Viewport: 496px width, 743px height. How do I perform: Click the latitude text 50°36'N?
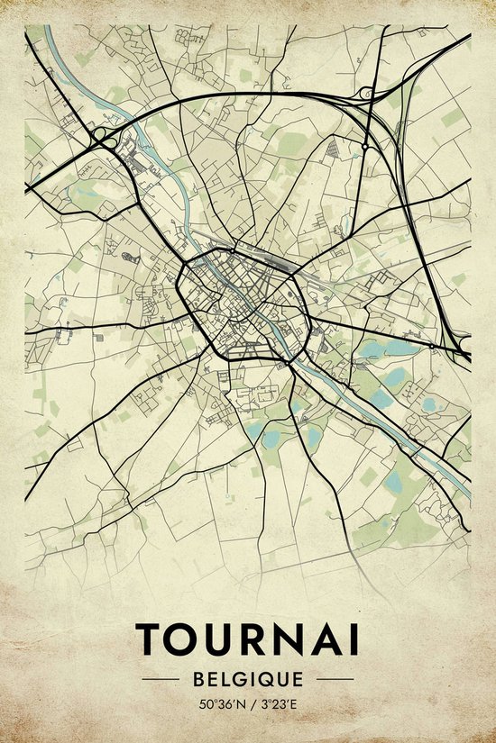coord(219,703)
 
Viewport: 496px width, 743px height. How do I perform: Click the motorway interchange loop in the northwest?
coord(100,137)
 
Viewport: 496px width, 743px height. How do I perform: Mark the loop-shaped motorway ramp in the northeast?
coord(368,93)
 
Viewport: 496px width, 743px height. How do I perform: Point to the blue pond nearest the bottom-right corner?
coord(393,485)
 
